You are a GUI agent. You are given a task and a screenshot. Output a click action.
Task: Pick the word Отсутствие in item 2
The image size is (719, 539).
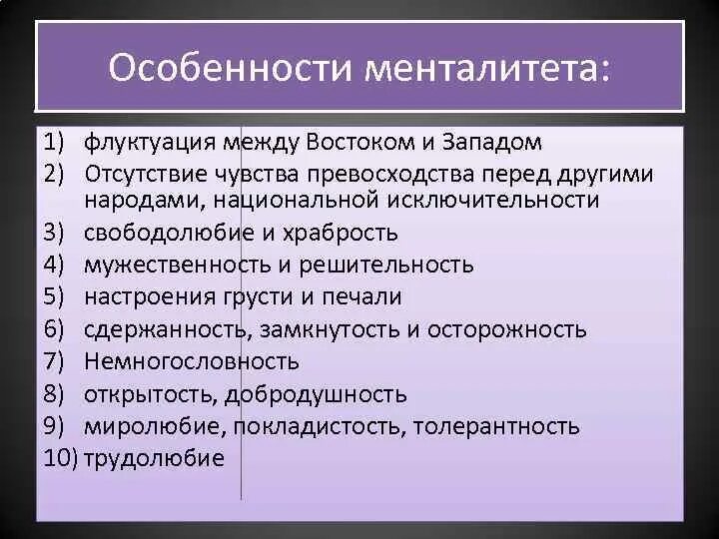pyautogui.click(x=148, y=175)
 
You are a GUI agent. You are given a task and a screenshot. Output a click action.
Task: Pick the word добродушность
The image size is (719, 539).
pyautogui.click(x=316, y=394)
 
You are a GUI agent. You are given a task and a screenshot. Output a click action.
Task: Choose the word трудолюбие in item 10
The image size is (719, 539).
pyautogui.click(x=155, y=458)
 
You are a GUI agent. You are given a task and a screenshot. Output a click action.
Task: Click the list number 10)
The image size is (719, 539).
pyautogui.click(x=62, y=458)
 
